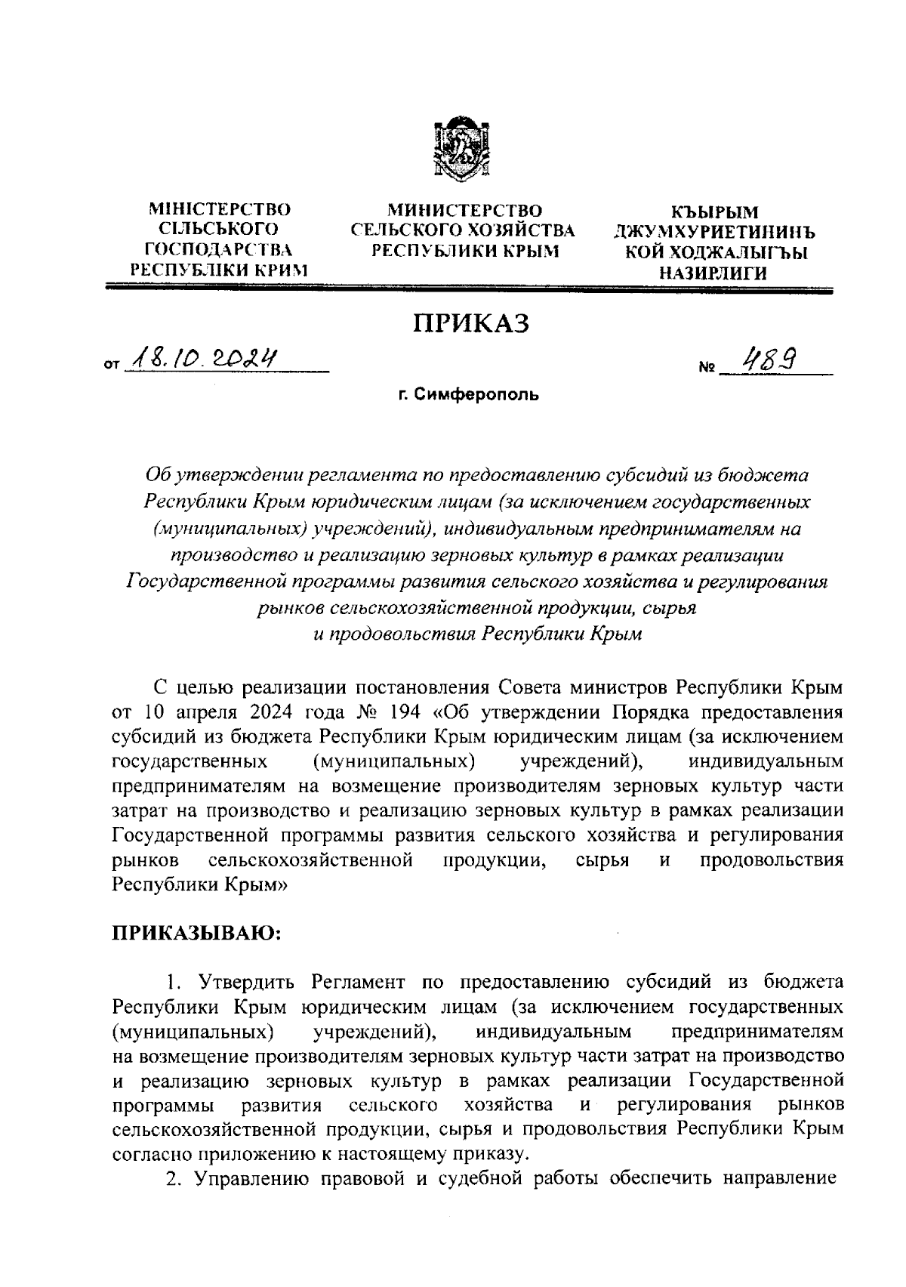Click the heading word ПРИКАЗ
point(470,324)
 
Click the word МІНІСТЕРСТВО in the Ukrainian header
point(220,209)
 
